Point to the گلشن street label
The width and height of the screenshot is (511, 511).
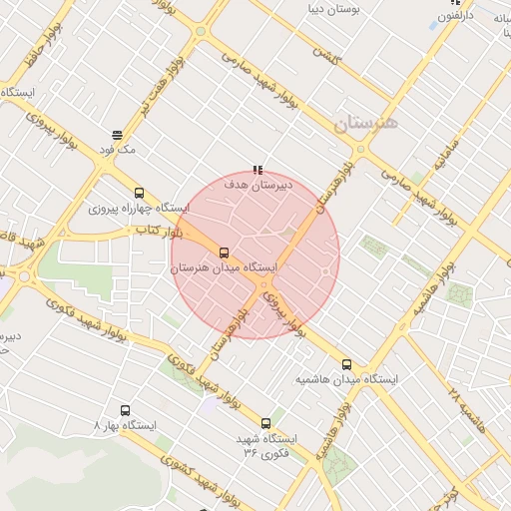(x=326, y=56)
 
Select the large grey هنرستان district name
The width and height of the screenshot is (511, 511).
(x=364, y=123)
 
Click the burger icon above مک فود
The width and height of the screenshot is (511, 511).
(x=118, y=135)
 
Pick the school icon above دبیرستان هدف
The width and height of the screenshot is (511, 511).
(x=257, y=170)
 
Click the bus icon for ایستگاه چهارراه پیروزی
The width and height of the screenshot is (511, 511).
(x=139, y=194)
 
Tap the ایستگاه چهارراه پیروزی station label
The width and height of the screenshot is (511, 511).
(x=139, y=209)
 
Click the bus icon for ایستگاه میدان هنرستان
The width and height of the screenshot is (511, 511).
(x=224, y=253)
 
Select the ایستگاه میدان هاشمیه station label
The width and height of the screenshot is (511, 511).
(x=347, y=380)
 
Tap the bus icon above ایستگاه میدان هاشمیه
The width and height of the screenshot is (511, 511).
(x=347, y=365)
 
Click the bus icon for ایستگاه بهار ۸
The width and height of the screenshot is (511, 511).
(x=125, y=410)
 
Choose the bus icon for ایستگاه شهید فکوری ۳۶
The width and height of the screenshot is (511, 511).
(x=265, y=423)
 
